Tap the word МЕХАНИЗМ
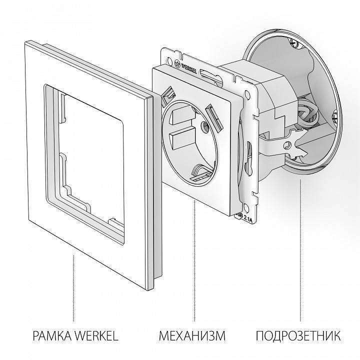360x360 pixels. click(192, 334)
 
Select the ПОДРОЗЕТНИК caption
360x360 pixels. click(299, 334)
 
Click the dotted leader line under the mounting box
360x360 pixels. click(300, 245)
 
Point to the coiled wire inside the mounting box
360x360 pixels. click(308, 113)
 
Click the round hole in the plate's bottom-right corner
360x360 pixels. click(246, 202)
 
